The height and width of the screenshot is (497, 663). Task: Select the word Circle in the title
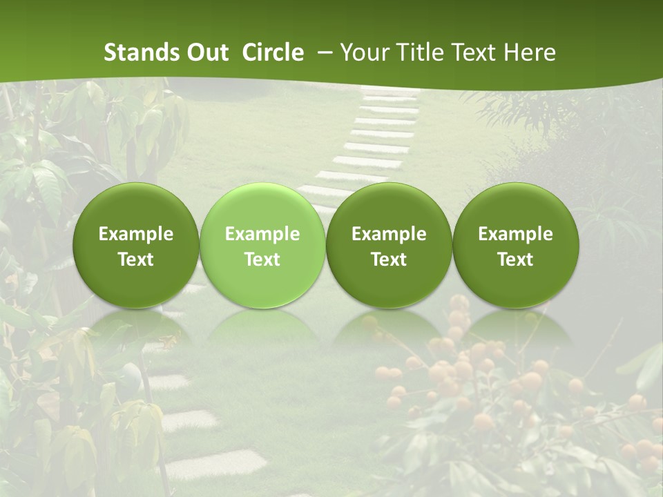273,52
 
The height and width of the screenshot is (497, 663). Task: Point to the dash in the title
323,52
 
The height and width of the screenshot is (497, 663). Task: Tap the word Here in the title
530,52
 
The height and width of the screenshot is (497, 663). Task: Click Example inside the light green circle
262,234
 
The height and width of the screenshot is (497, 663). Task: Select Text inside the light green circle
262,260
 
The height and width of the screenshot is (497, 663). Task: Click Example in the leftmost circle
136,234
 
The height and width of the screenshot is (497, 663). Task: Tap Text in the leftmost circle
136,260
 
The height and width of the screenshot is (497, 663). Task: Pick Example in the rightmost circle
515,234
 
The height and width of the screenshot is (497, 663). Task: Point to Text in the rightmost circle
515,260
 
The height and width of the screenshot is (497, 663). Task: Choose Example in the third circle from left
389,234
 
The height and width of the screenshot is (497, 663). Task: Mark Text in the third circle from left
389,260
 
